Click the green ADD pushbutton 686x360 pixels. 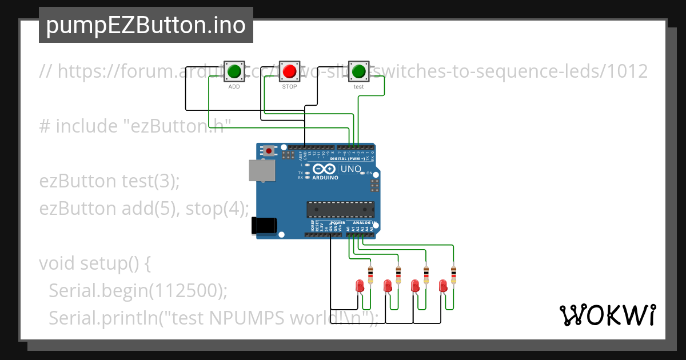click(234, 71)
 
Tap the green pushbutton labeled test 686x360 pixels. click(358, 71)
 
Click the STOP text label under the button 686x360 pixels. click(290, 87)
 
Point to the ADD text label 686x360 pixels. click(234, 87)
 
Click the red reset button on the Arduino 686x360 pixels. click(268, 151)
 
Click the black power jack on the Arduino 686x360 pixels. click(264, 225)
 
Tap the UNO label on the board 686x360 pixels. click(350, 169)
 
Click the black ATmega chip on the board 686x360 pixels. click(341, 210)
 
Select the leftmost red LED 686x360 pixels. click(360, 285)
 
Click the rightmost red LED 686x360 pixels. click(442, 285)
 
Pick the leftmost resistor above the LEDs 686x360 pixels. click(370, 275)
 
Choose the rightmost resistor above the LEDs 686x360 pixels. click(453, 275)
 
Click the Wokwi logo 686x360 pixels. click(607, 315)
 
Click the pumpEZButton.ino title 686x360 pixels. click(146, 25)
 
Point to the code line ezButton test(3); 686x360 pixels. click(109, 181)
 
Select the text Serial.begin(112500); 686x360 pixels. click(138, 291)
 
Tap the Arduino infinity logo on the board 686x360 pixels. click(324, 169)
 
